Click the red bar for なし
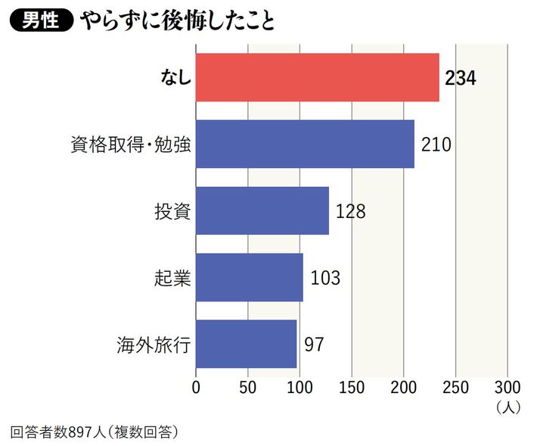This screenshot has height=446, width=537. [x=318, y=77]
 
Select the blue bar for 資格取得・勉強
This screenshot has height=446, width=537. [x=305, y=144]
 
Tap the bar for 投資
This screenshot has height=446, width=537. [x=262, y=211]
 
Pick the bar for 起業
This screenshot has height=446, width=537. [x=250, y=277]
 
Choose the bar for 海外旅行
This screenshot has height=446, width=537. [x=247, y=344]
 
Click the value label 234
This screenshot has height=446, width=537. [x=461, y=78]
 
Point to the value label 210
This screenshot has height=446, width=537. [x=436, y=144]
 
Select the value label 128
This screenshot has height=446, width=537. [x=350, y=211]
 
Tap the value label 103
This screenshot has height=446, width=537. [x=325, y=278]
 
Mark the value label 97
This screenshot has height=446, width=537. [x=314, y=345]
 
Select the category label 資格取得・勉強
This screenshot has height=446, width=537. [x=130, y=144]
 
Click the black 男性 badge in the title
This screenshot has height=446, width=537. [x=40, y=21]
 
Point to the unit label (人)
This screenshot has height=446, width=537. [x=508, y=407]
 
